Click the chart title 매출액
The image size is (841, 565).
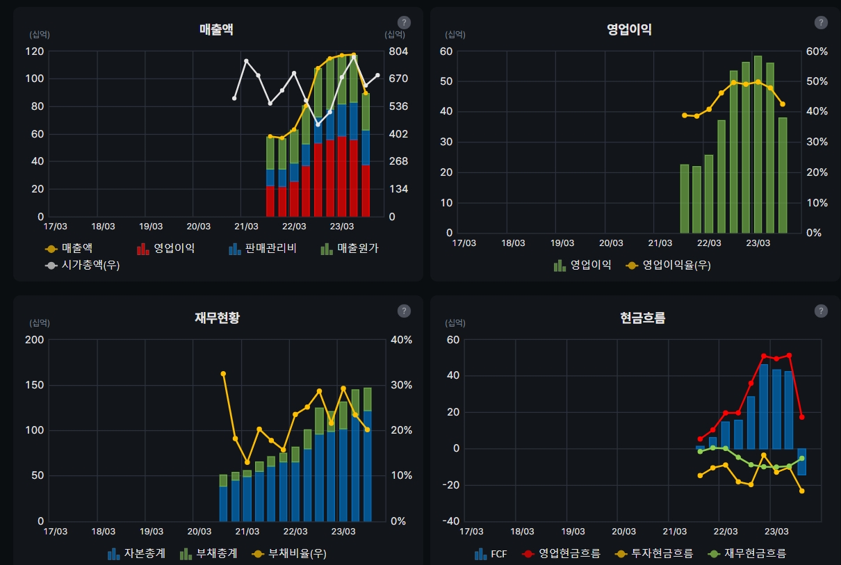click(216, 29)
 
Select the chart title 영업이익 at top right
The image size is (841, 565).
click(629, 29)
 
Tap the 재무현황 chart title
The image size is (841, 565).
click(217, 318)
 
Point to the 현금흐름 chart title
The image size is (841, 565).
click(642, 318)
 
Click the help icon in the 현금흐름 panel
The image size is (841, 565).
click(821, 311)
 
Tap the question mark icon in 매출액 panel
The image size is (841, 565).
click(404, 22)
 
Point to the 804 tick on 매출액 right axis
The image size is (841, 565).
click(398, 51)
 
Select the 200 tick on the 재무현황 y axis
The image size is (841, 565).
click(35, 340)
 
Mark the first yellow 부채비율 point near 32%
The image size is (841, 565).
click(223, 374)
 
